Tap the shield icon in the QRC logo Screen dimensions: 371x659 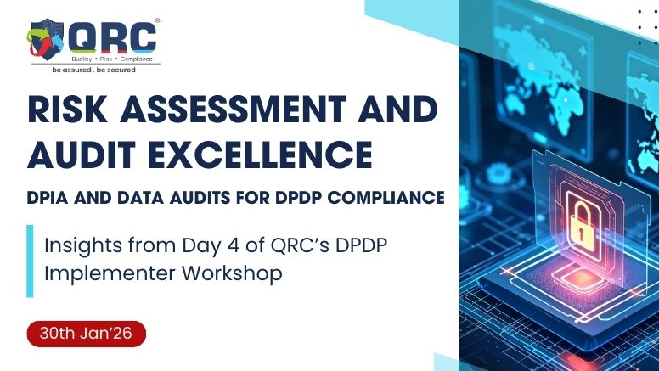tap(48, 39)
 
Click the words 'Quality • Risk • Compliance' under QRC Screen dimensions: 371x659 tap(111, 58)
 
